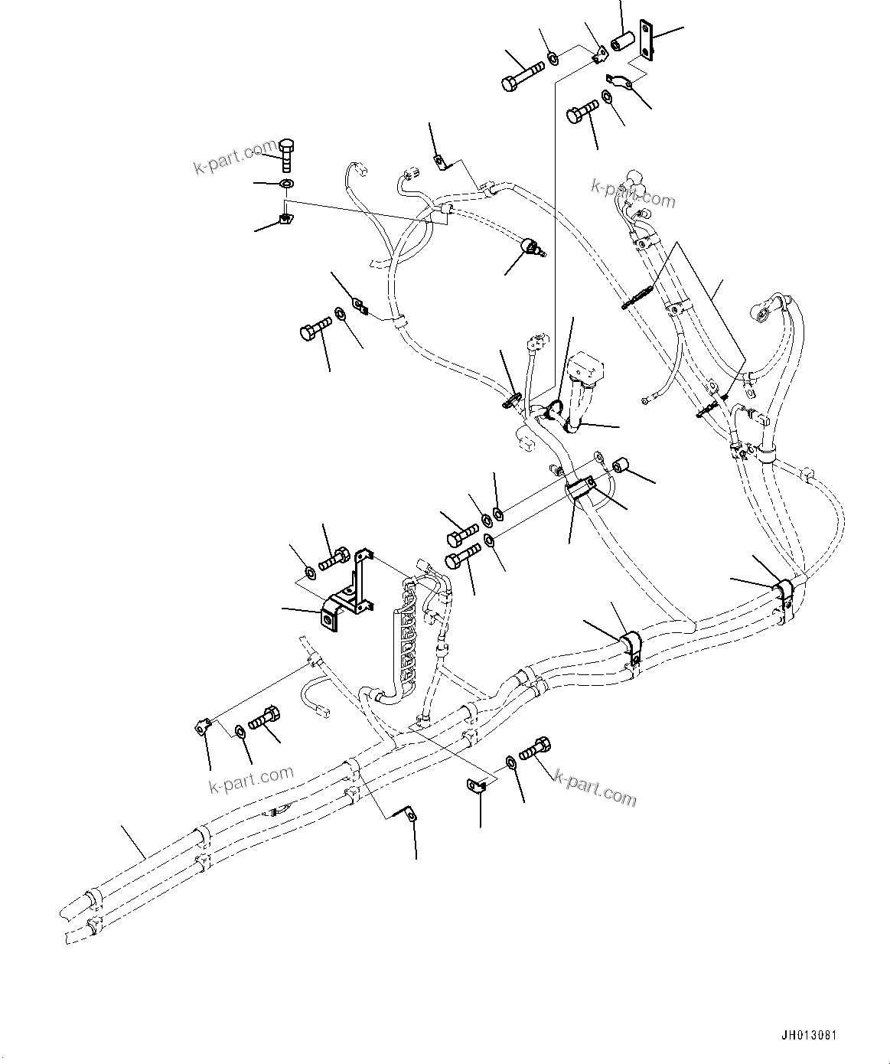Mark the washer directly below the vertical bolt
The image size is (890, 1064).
click(x=287, y=184)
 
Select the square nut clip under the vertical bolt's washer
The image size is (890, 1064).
click(x=285, y=220)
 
